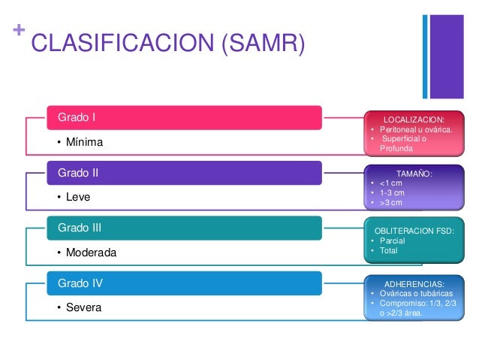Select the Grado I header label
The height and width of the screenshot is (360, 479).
click(77, 117)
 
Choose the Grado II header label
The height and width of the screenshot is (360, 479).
click(78, 172)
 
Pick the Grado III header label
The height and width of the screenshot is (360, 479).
click(80, 227)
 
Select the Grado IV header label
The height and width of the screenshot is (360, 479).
click(80, 283)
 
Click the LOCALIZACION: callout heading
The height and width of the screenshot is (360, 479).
click(414, 119)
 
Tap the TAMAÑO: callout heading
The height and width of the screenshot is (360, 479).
click(414, 174)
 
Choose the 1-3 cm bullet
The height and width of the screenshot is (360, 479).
click(391, 193)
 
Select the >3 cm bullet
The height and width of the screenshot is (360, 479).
click(391, 203)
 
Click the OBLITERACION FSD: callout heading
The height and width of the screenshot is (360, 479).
click(414, 231)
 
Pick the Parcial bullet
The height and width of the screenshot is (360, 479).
click(392, 241)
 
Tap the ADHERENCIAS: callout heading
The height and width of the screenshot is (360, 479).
click(414, 284)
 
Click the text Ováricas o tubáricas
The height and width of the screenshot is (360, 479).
click(415, 294)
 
